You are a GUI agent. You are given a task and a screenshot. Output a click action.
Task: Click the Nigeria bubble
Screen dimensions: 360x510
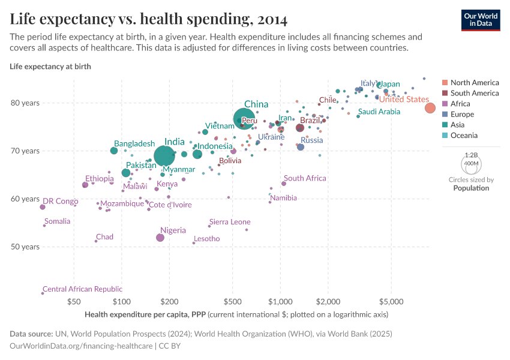(160, 238)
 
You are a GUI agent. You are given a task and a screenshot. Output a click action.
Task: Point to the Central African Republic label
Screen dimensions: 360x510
(82, 289)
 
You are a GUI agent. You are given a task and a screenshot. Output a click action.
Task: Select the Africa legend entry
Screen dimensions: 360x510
(461, 104)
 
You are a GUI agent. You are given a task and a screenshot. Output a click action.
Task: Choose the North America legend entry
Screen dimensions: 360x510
(474, 83)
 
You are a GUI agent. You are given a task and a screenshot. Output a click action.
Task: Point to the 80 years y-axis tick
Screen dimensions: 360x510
(25, 103)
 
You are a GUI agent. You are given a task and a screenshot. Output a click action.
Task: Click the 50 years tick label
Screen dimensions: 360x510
(25, 247)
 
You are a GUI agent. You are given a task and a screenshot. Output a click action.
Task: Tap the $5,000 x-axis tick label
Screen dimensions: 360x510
(391, 301)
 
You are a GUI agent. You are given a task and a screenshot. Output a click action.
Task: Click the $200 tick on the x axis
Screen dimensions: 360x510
(169, 301)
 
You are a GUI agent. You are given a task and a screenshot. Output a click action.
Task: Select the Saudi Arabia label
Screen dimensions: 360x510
(379, 112)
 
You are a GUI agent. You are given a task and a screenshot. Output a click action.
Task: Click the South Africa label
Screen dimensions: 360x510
(305, 178)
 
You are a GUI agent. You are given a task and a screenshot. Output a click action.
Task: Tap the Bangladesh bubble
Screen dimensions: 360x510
(114, 151)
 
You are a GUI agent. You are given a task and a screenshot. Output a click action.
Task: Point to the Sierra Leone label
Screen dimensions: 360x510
(230, 222)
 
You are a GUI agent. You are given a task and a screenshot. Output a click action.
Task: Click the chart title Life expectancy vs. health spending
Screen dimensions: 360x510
(148, 19)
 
